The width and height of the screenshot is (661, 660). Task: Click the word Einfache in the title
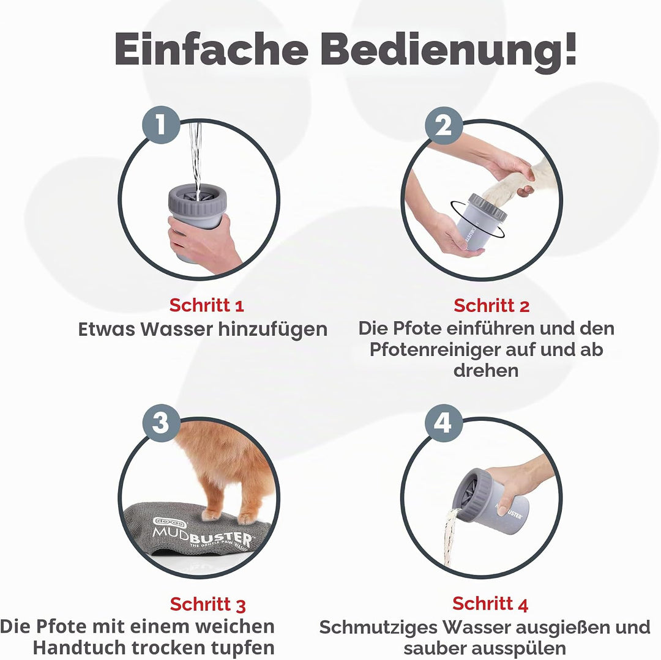(211, 49)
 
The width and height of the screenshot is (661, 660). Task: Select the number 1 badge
(161, 125)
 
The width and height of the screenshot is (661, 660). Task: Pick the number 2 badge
(444, 125)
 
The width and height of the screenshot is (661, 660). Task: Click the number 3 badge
(161, 423)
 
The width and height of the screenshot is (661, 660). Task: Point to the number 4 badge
(444, 423)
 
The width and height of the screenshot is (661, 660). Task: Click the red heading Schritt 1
(207, 305)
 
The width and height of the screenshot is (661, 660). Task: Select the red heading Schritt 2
(491, 305)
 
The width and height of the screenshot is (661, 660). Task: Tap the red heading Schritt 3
(207, 604)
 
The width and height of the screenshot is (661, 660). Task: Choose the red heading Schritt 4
(490, 604)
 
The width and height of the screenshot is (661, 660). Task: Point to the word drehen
(485, 371)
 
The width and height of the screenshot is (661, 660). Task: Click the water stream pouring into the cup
(195, 156)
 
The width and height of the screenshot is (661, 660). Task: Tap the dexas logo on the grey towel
(170, 523)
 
